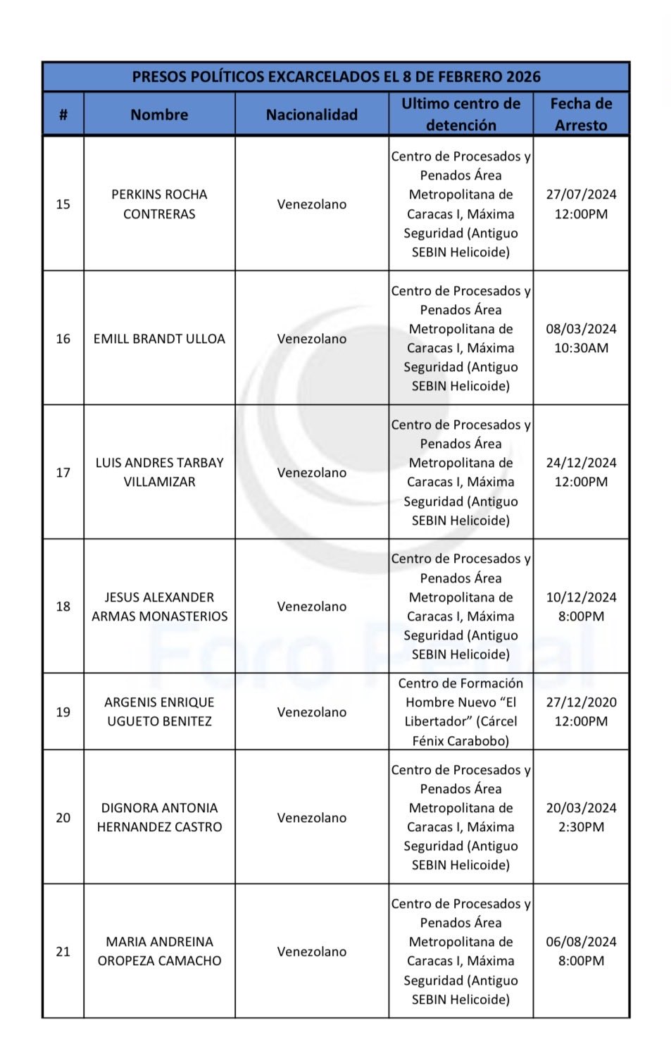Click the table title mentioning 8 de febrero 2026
click(336, 77)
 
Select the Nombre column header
click(159, 115)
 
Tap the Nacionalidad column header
click(311, 115)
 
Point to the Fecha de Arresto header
click(581, 114)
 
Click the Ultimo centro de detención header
click(460, 114)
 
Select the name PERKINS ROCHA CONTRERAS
click(159, 204)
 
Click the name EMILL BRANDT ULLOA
click(159, 339)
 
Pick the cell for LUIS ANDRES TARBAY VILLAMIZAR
click(159, 473)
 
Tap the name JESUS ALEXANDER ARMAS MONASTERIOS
click(159, 607)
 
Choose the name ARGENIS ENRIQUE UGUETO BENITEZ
click(159, 712)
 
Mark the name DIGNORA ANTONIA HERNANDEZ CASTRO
click(159, 818)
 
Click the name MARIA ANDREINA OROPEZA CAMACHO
click(159, 952)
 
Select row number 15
click(63, 204)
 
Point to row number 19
click(63, 712)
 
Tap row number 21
click(63, 952)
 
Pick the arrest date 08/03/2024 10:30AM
click(581, 338)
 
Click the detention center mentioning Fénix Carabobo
click(460, 712)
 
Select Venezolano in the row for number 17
click(311, 473)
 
